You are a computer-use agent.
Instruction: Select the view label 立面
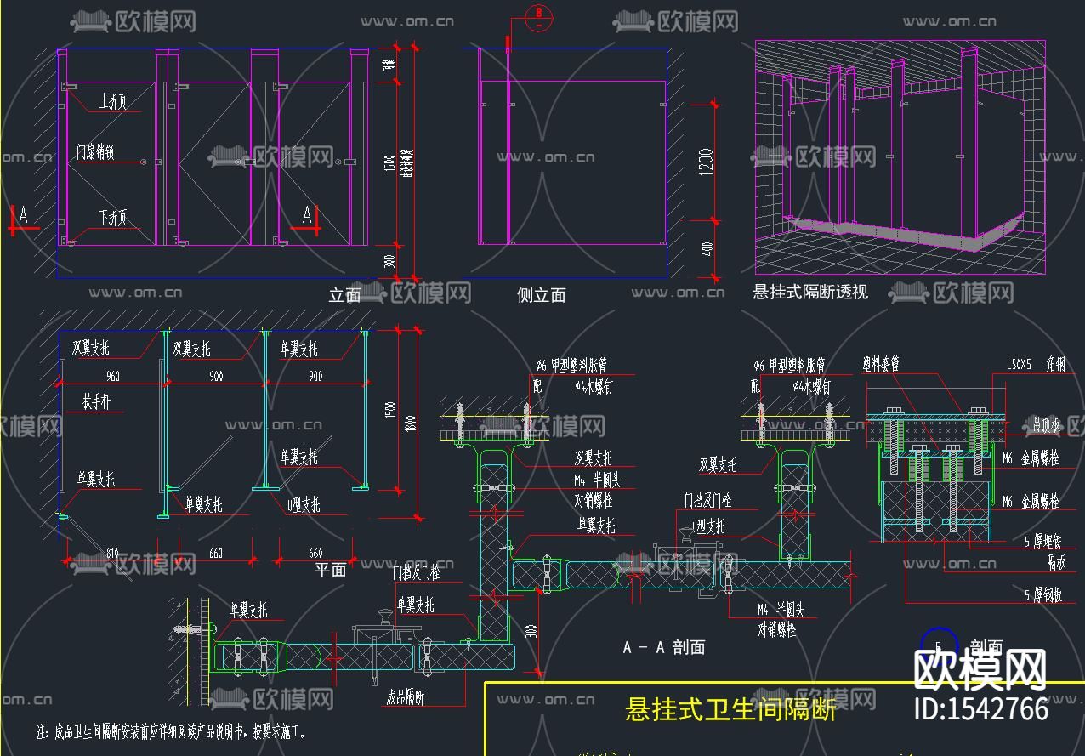pos(344,295)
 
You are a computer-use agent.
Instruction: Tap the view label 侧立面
pos(541,295)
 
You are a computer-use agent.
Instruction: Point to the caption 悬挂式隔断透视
pos(809,293)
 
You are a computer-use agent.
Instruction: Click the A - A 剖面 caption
pos(663,647)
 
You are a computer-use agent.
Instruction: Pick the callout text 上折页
pos(112,102)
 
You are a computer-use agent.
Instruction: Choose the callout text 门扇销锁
pos(94,152)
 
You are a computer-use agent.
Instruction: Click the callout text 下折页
pos(112,218)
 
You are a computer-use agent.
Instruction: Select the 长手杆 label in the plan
pos(96,401)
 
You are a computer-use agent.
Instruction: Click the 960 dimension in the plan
pos(112,376)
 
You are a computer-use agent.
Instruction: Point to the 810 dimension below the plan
pos(112,554)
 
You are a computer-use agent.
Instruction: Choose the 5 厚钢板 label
pos(1043,595)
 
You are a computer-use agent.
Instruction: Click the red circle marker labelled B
pos(538,14)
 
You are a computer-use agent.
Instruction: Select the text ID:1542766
pos(980,708)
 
